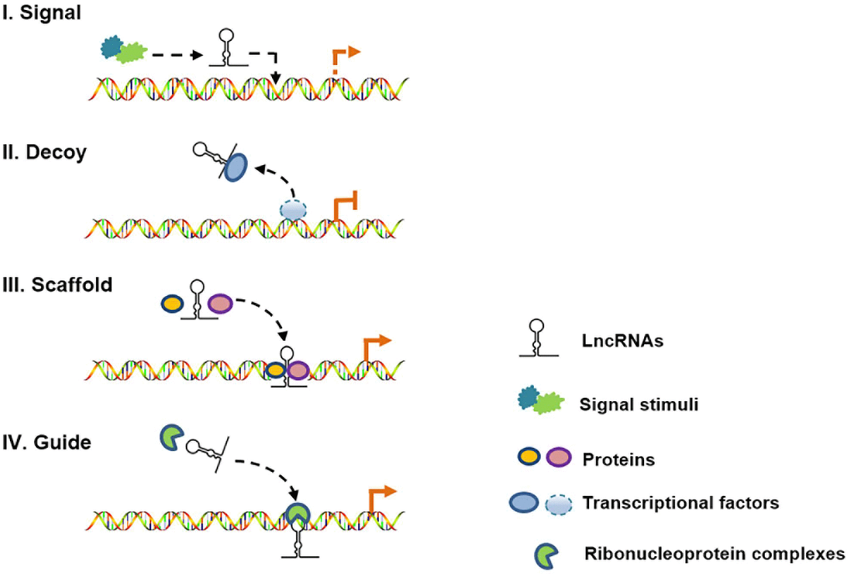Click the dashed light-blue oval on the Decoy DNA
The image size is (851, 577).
tap(293, 212)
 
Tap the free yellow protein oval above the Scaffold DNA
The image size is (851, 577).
tap(171, 304)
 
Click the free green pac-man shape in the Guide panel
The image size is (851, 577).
tap(173, 436)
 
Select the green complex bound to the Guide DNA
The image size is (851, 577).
tap(296, 514)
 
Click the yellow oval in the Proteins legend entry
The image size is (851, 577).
tap(526, 459)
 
